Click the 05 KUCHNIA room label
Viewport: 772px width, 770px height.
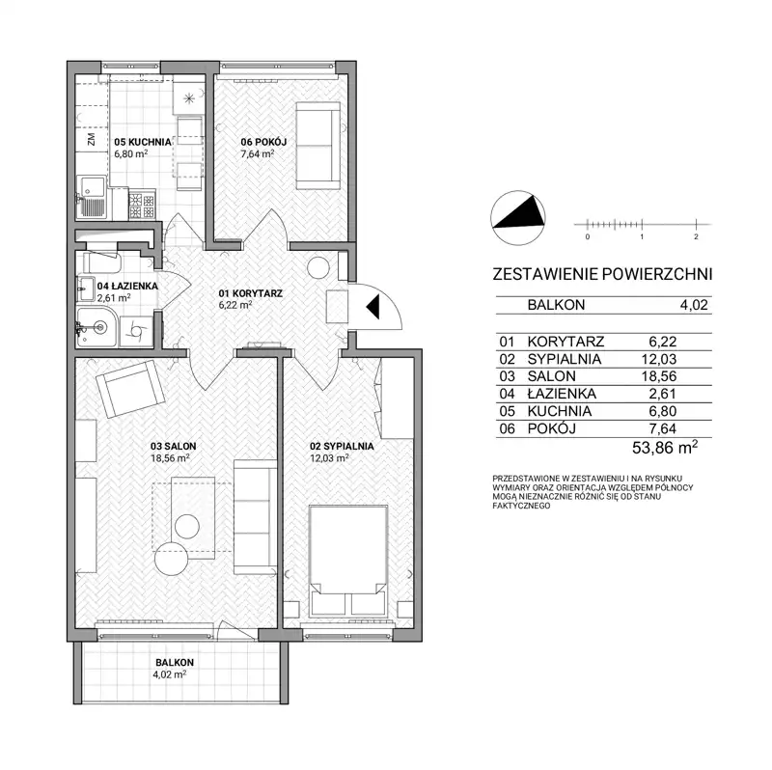click(143, 142)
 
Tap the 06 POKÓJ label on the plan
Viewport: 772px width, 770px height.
click(263, 142)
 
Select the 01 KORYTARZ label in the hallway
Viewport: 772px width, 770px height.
click(251, 293)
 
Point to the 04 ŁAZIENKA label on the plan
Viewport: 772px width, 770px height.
click(127, 286)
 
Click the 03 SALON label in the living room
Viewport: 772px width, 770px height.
click(174, 446)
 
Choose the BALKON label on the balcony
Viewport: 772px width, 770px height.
click(175, 662)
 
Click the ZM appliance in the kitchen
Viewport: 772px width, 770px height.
click(91, 140)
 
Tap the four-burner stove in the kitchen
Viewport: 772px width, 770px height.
click(142, 205)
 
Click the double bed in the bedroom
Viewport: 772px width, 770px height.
click(348, 561)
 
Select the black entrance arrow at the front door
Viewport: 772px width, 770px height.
click(373, 306)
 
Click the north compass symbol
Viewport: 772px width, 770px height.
click(518, 218)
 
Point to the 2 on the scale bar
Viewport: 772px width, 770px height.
click(696, 236)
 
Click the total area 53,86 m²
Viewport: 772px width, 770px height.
click(665, 448)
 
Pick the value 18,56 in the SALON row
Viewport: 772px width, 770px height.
click(659, 376)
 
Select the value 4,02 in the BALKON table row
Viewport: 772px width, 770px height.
click(694, 305)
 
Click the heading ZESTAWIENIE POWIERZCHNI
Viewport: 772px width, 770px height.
click(602, 274)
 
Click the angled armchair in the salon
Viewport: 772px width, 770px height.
click(130, 389)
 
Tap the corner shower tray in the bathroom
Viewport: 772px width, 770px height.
click(96, 327)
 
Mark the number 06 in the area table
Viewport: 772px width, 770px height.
click(507, 428)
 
